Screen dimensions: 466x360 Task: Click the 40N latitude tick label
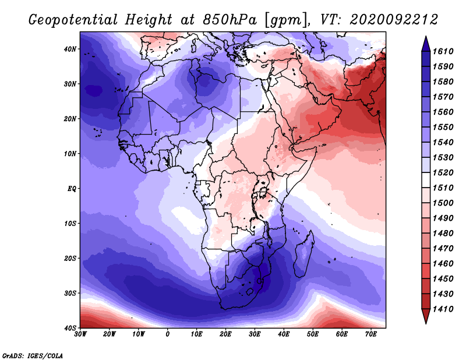(x=70, y=49)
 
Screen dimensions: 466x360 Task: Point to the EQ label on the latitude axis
(x=72, y=189)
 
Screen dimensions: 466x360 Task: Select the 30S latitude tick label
(x=70, y=294)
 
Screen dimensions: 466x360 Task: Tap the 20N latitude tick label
(x=70, y=119)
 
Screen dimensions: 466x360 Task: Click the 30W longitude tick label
(x=80, y=334)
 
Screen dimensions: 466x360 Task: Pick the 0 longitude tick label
(x=167, y=334)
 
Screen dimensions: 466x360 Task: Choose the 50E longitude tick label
(x=313, y=334)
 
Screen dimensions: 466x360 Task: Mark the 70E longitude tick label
(x=370, y=334)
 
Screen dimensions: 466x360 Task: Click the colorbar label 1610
(x=443, y=51)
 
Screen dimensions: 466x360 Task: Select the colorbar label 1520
(x=443, y=172)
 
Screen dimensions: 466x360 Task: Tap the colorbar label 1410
(x=443, y=309)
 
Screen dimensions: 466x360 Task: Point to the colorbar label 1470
(x=443, y=249)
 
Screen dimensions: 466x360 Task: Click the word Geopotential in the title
(x=73, y=20)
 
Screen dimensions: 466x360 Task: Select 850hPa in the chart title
(x=230, y=20)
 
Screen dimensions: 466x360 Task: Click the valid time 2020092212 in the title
(x=394, y=20)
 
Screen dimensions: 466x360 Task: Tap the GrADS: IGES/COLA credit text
(x=33, y=356)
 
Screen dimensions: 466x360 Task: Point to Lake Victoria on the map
(x=263, y=193)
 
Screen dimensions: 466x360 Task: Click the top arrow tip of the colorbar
(x=426, y=36)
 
